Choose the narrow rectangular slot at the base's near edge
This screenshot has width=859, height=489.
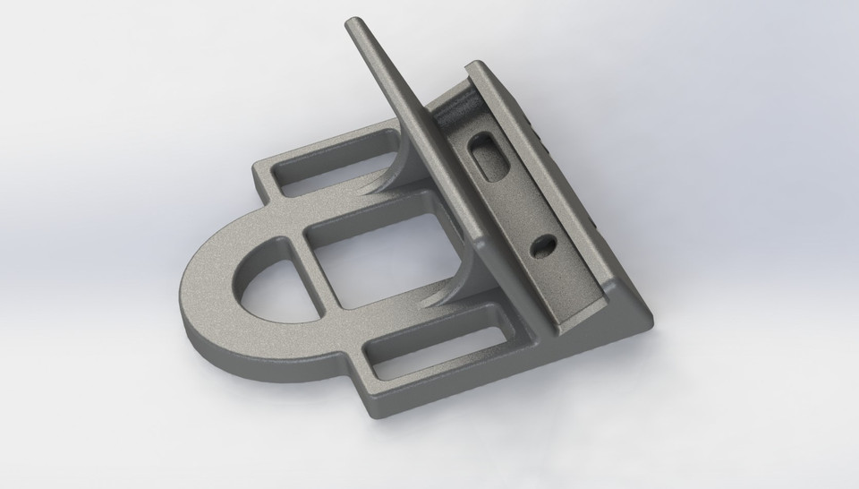(429, 345)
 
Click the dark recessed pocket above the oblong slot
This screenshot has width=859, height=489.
(460, 111)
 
